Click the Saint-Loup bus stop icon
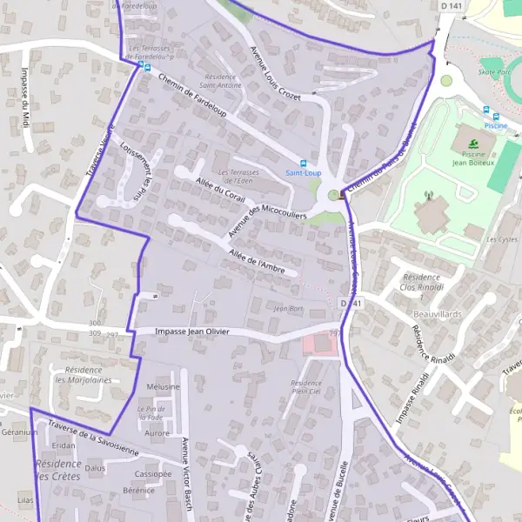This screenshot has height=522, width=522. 304,163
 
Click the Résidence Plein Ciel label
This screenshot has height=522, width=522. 306,387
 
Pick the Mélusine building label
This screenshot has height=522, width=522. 164,386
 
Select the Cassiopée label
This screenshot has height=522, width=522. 153,474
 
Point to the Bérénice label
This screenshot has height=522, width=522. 138,491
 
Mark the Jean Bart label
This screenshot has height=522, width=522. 288,308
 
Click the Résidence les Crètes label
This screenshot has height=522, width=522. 59,470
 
